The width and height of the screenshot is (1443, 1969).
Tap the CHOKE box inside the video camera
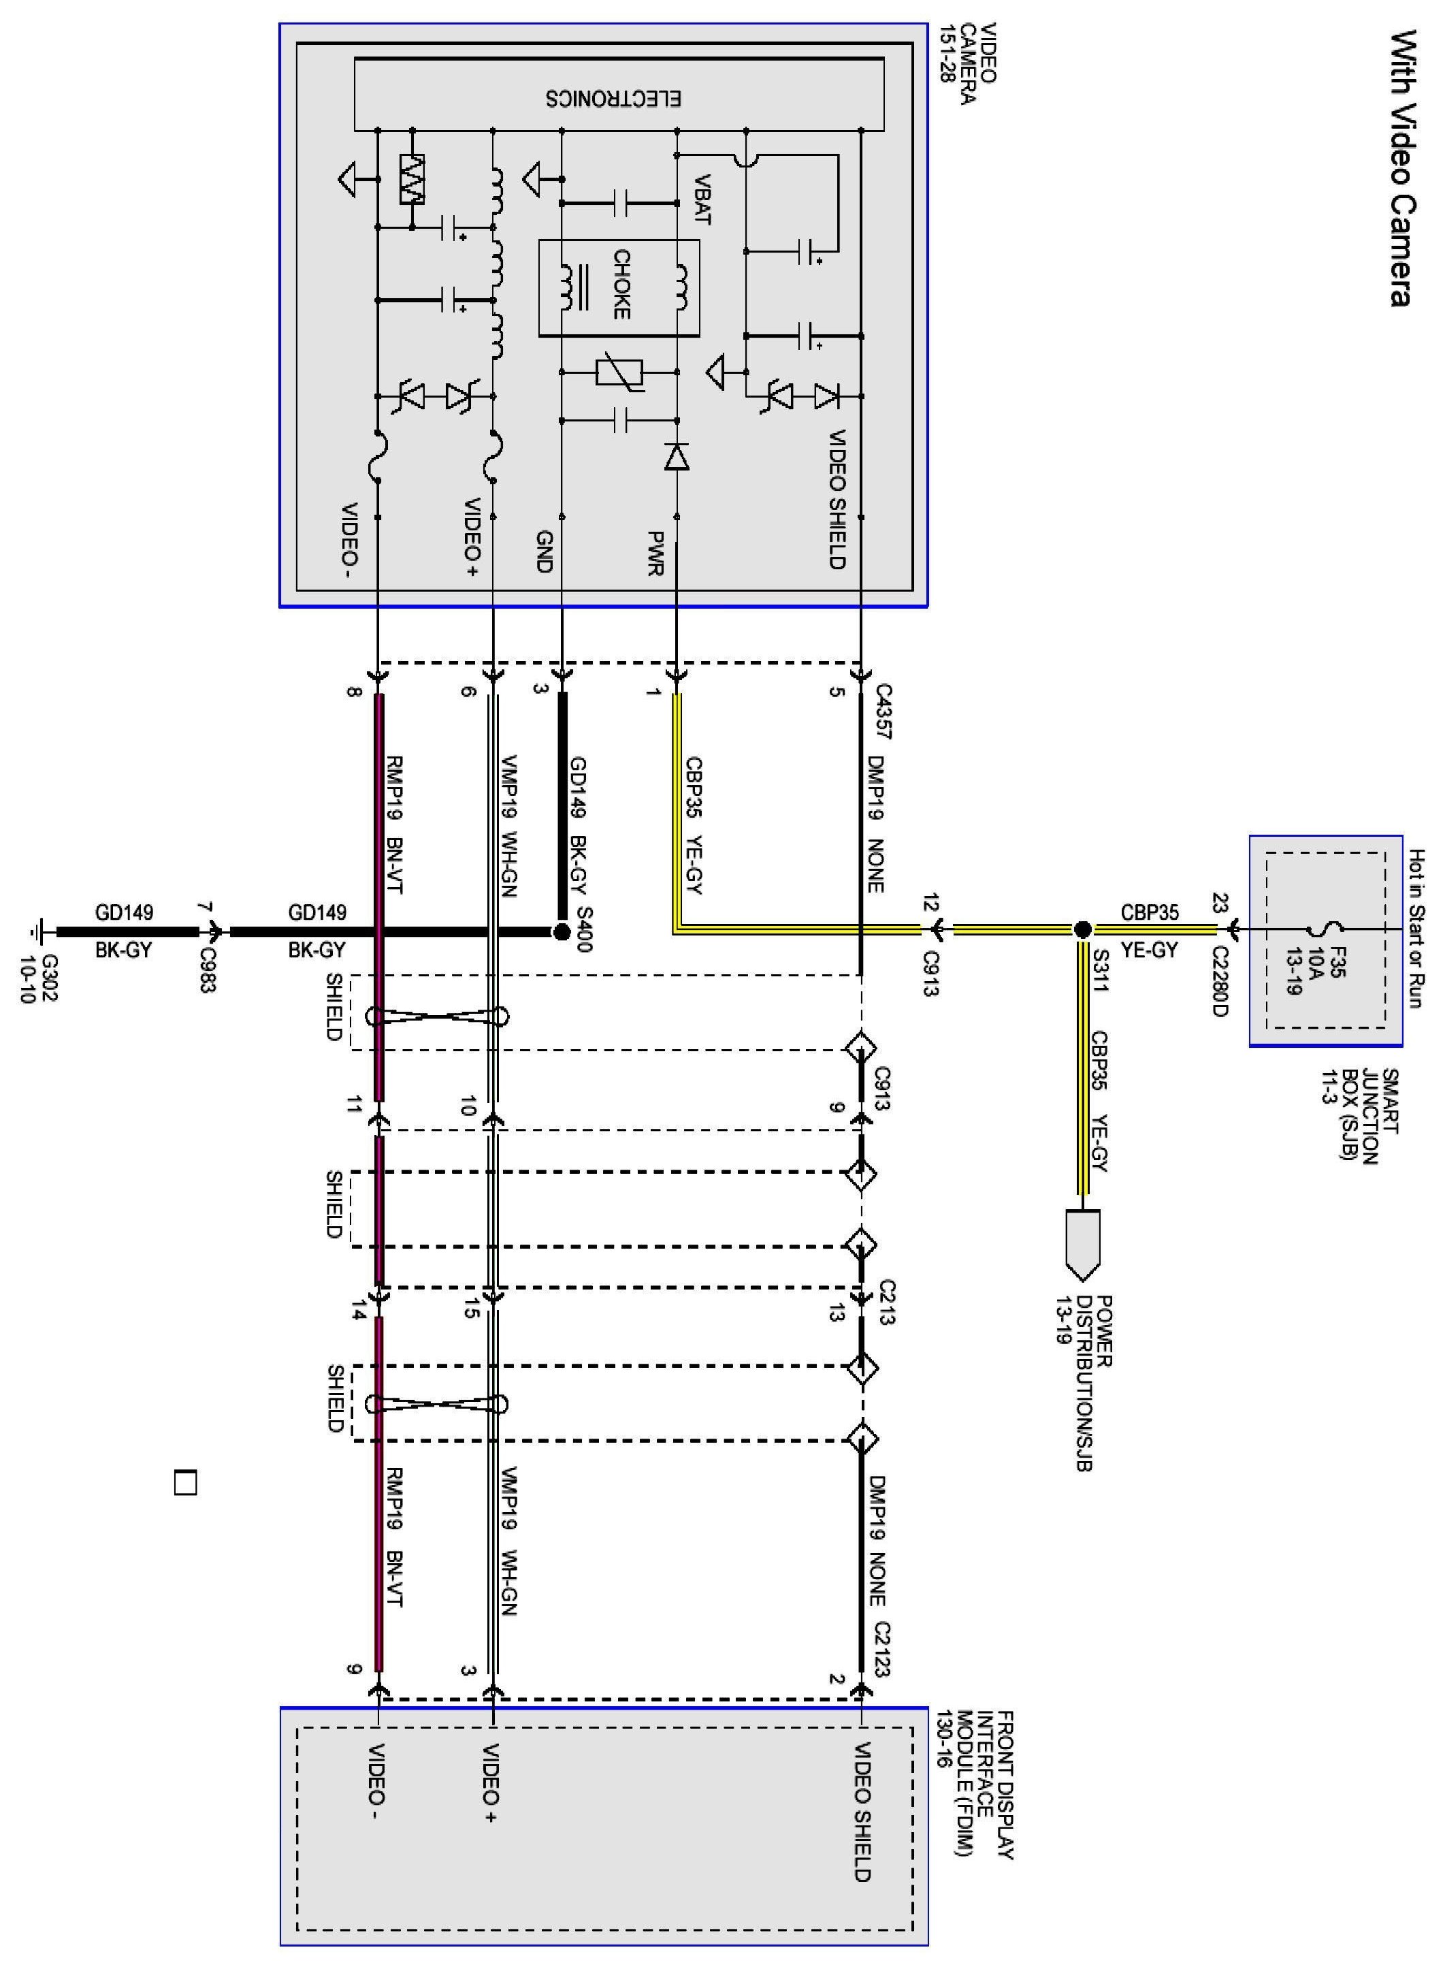click(x=619, y=287)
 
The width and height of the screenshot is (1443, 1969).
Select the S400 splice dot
click(x=562, y=932)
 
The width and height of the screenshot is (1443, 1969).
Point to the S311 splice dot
click(x=1082, y=929)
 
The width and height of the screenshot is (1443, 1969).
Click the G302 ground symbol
click(x=38, y=931)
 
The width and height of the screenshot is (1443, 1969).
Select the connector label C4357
click(x=883, y=713)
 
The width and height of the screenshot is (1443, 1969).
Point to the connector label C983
click(x=208, y=970)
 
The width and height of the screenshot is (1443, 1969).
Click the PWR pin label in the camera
click(x=657, y=553)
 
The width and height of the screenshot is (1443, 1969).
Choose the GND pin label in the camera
click(x=543, y=551)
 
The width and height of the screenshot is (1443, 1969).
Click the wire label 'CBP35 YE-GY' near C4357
click(x=694, y=825)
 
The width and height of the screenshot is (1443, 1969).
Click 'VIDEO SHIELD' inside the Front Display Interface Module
click(x=861, y=1812)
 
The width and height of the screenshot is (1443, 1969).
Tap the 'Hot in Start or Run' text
click(x=1417, y=929)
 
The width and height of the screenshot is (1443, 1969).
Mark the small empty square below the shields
click(x=185, y=1484)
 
